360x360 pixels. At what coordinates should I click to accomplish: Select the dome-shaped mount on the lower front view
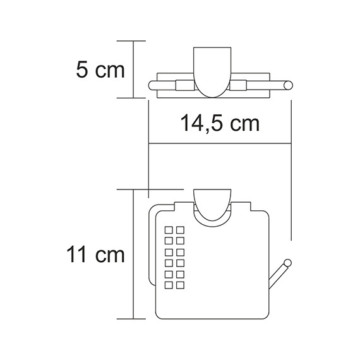coord(212,206)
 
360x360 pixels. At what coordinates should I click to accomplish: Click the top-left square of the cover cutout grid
coord(169,228)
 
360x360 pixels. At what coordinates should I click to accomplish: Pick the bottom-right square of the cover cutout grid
coord(179,284)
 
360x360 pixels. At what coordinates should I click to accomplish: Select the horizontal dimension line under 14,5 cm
coord(219,146)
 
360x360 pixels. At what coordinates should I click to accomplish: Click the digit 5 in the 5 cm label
coord(81,69)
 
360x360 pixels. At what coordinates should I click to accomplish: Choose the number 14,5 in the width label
coord(197,123)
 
